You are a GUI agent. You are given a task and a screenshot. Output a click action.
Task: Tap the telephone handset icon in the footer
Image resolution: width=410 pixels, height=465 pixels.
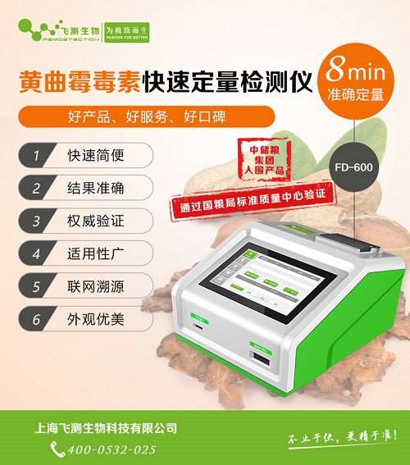(x=57, y=449)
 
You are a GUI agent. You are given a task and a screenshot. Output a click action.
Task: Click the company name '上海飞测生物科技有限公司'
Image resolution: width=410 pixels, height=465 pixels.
(x=107, y=427)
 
